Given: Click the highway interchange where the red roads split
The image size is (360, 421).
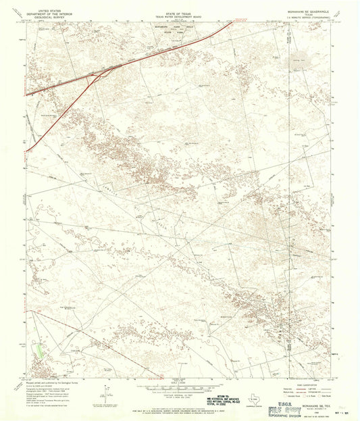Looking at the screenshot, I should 95,76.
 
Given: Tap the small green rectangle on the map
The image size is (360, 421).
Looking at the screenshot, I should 40,351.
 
